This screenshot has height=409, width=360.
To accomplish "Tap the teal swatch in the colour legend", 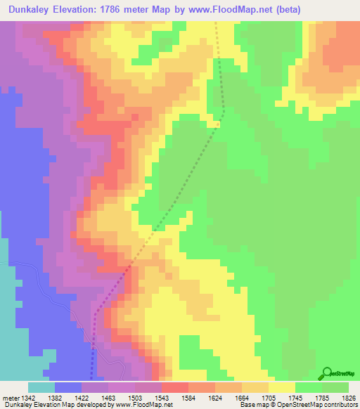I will (41, 388).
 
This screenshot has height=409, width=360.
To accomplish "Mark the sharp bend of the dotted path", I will (223, 112).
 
